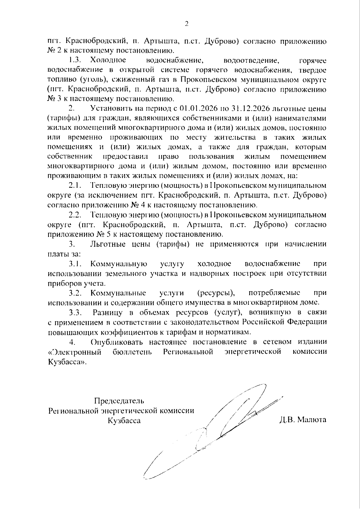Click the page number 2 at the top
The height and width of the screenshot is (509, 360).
186,24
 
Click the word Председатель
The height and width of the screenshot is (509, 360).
119,401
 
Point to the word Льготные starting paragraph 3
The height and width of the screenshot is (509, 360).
108,244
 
